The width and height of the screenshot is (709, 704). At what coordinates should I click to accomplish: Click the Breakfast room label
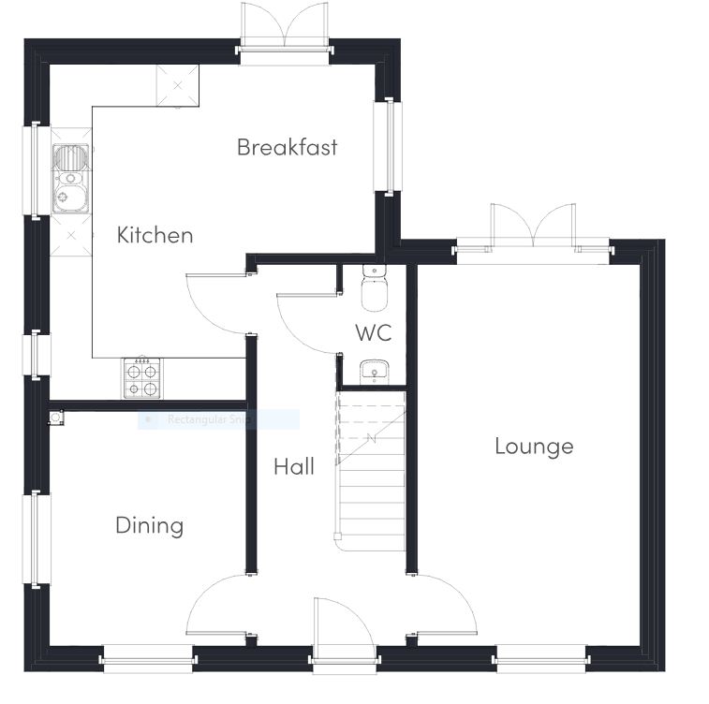pyautogui.click(x=287, y=147)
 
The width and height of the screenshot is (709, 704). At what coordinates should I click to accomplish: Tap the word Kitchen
pyautogui.click(x=155, y=235)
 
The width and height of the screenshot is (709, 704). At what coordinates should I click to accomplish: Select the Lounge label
pyautogui.click(x=534, y=447)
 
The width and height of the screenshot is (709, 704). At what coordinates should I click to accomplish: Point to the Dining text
pyautogui.click(x=149, y=525)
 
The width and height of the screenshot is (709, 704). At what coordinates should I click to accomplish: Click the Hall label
pyautogui.click(x=294, y=466)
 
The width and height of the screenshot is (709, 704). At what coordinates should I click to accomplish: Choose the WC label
pyautogui.click(x=373, y=332)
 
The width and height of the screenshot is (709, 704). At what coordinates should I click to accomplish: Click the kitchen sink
pyautogui.click(x=70, y=178)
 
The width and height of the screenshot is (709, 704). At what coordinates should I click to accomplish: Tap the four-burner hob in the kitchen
pyautogui.click(x=141, y=378)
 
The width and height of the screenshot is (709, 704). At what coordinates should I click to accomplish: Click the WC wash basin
pyautogui.click(x=374, y=372)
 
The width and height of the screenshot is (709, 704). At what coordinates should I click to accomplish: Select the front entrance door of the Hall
pyautogui.click(x=343, y=632)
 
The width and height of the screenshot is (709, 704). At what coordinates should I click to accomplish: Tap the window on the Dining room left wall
pyautogui.click(x=37, y=537)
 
